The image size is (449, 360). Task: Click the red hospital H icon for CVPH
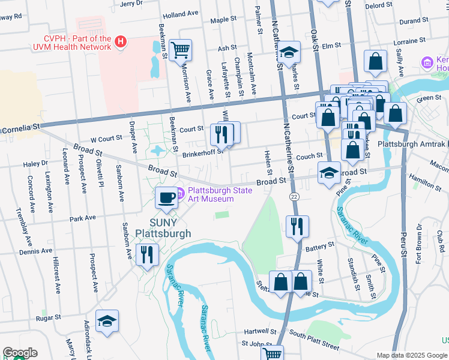pyautogui.click(x=121, y=41)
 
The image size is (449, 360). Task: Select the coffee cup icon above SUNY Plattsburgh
pyautogui.click(x=166, y=197)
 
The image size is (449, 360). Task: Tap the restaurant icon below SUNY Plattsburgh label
pyautogui.click(x=147, y=254)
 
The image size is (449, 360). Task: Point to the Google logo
pyautogui.click(x=20, y=353)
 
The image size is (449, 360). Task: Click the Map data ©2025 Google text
pyautogui.click(x=412, y=355)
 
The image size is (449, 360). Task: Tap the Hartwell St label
pyautogui.click(x=260, y=331)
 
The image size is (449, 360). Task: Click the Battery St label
pyautogui.click(x=319, y=246)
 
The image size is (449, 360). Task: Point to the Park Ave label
pyautogui.click(x=83, y=219)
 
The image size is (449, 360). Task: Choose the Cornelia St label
pyautogui.click(x=20, y=128)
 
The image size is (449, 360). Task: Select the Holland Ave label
pyautogui.click(x=180, y=13)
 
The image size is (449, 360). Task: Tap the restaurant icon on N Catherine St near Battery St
pyautogui.click(x=297, y=227)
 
